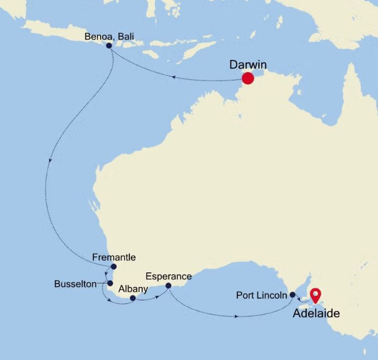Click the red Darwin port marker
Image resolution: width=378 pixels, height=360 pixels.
click(248, 79)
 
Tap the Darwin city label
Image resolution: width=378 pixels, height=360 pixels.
click(248, 65)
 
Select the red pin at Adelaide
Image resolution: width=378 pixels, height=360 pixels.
click(315, 295)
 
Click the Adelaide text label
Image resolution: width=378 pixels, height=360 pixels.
click(316, 314)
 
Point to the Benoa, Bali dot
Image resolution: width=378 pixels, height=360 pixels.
click(109, 46)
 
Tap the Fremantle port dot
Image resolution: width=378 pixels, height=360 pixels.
click(113, 267)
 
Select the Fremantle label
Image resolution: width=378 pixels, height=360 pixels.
click(113, 257)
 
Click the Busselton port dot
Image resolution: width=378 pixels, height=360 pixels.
click(110, 283)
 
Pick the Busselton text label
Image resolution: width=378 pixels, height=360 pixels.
click(75, 284)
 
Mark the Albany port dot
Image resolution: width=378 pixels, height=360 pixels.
click(133, 298)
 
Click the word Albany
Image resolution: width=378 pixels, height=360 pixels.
click(133, 289)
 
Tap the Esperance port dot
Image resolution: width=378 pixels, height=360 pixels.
click(169, 286)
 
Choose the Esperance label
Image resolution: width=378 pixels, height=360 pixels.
click(169, 277)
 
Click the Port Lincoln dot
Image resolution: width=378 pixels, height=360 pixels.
click(292, 295)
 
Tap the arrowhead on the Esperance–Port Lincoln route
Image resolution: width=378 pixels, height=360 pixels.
click(237, 316)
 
